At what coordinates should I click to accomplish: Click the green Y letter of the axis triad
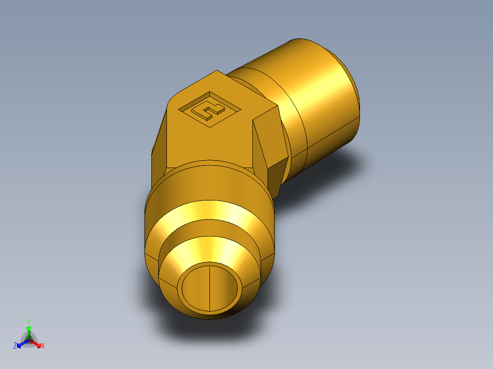(x=28, y=321)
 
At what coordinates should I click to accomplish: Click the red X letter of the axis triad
(x=43, y=346)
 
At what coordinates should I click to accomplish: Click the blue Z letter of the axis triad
(x=15, y=346)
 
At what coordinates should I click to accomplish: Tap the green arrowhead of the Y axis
(x=28, y=328)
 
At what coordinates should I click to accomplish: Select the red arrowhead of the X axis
(x=38, y=344)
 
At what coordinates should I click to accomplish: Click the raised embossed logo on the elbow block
(x=209, y=109)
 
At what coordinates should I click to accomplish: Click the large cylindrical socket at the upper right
(x=320, y=91)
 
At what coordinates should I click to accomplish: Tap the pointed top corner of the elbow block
(x=217, y=72)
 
